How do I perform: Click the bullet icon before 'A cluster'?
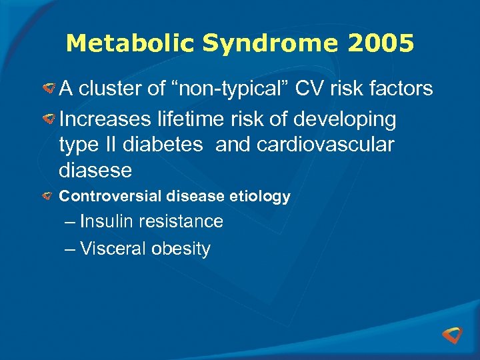pyautogui.click(x=49, y=88)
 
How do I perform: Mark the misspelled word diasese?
pyautogui.click(x=95, y=171)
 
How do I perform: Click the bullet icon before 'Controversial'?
pyautogui.click(x=49, y=197)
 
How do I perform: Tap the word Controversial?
pyautogui.click(x=109, y=197)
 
